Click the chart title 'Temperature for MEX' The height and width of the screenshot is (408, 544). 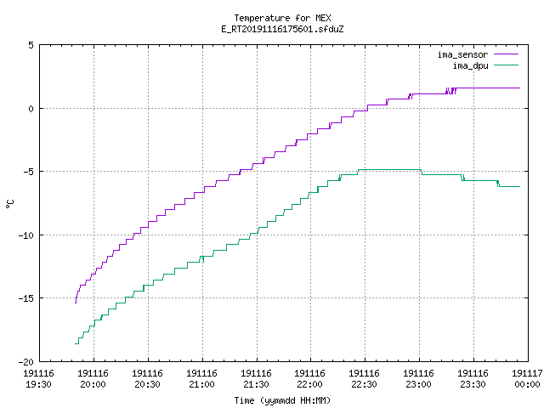[x=282, y=18]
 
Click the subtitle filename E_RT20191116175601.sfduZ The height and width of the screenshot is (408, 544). [x=282, y=29]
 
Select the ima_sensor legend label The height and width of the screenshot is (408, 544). [x=462, y=54]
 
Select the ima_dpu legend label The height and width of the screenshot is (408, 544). [x=470, y=65]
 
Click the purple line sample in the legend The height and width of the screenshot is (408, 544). [x=506, y=54]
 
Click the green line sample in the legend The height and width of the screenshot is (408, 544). [x=506, y=65]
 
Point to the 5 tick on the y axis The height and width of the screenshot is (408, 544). [x=31, y=45]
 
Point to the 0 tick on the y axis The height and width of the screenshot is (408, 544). [x=31, y=109]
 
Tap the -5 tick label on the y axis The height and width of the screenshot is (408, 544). [x=26, y=172]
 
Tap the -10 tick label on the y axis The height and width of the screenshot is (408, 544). [x=26, y=235]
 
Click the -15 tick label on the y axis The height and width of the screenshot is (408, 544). [x=26, y=298]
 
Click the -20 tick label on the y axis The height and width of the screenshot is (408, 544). [x=26, y=361]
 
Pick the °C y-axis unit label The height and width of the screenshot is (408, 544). [x=9, y=204]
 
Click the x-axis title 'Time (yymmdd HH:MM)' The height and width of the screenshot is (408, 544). [x=282, y=400]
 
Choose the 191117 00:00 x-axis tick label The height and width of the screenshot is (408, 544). [x=527, y=379]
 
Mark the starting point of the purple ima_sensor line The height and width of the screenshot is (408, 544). [x=76, y=303]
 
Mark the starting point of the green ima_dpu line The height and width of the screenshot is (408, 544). [x=75, y=343]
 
